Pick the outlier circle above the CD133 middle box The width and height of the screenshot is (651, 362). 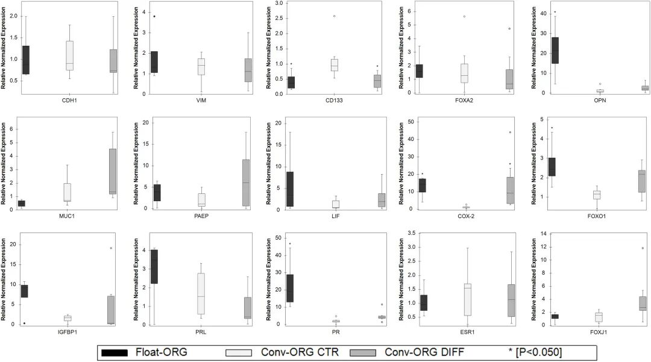(x=333, y=16)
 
